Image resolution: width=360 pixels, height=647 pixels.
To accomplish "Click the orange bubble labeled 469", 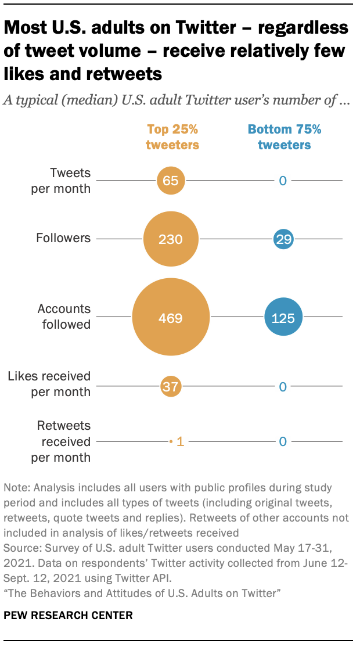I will pyautogui.click(x=171, y=318).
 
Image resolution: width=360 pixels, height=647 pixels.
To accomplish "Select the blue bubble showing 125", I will pyautogui.click(x=283, y=318).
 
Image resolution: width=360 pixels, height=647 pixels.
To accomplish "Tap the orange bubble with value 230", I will pyautogui.click(x=171, y=239).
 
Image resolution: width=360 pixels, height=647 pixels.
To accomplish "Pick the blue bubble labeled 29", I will pyautogui.click(x=283, y=239).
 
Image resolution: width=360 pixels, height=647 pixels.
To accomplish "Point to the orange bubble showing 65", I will pyautogui.click(x=171, y=181).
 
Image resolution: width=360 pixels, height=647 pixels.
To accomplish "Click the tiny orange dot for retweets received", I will pyautogui.click(x=171, y=442).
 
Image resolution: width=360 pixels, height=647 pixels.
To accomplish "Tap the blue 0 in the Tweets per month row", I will pyautogui.click(x=283, y=181).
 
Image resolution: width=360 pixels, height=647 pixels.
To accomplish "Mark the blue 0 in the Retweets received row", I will pyautogui.click(x=283, y=442).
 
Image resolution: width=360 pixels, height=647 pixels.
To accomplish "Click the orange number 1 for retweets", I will pyautogui.click(x=180, y=442).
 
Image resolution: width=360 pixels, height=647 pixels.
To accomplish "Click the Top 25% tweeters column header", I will pyautogui.click(x=172, y=137).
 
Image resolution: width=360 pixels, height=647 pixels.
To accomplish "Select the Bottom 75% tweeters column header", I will pyautogui.click(x=284, y=137).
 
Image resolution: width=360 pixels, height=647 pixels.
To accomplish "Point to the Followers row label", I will pyautogui.click(x=63, y=238).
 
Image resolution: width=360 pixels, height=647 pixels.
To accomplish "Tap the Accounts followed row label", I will pyautogui.click(x=64, y=317).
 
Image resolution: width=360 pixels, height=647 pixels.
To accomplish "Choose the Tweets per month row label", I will pyautogui.click(x=70, y=180).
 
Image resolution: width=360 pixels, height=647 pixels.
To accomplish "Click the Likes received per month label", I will pyautogui.click(x=49, y=384).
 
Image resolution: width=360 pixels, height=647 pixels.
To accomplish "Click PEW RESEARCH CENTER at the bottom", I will pyautogui.click(x=68, y=615).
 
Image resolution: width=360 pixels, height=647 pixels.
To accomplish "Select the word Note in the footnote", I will pyautogui.click(x=14, y=487).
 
